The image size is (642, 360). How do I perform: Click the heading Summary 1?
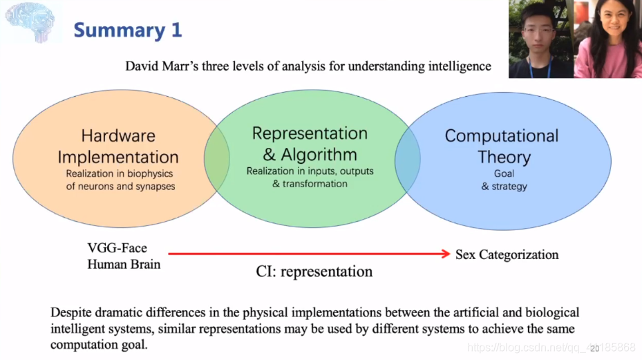click(x=128, y=30)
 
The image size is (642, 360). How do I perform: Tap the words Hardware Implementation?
click(x=118, y=146)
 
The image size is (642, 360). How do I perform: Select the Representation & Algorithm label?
click(x=310, y=143)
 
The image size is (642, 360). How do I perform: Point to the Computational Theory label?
click(x=502, y=146)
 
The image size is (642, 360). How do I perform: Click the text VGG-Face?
click(x=117, y=248)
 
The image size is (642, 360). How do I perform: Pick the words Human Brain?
click(x=124, y=264)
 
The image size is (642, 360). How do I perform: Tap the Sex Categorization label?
click(x=507, y=255)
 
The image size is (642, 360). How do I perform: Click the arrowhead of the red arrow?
click(x=446, y=254)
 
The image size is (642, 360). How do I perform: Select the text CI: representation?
click(x=314, y=272)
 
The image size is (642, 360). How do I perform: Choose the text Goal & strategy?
click(x=504, y=180)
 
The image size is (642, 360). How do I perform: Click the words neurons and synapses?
click(x=120, y=187)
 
